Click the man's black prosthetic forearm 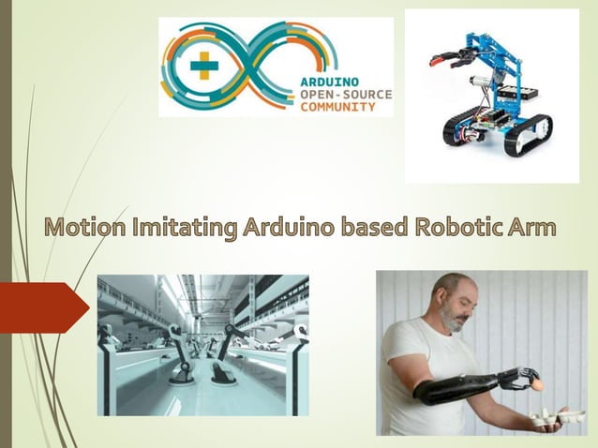(459, 385)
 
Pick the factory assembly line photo (202, 344)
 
